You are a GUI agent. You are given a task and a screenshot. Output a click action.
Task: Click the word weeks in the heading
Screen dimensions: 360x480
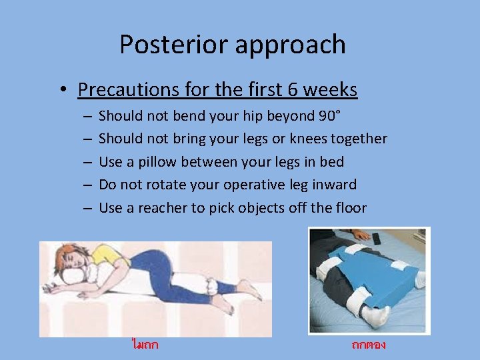coord(336,89)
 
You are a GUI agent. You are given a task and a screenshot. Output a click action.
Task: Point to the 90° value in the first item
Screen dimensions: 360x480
coord(329,116)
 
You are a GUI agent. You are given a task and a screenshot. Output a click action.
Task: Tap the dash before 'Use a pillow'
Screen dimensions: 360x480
coord(88,162)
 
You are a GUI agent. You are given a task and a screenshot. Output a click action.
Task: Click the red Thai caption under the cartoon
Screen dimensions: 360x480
coord(145,345)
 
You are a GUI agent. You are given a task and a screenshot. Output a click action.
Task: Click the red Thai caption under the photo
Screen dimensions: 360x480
coord(369,345)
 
